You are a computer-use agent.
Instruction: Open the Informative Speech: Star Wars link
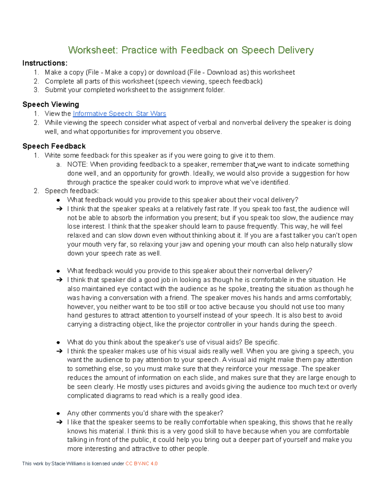click(x=119, y=114)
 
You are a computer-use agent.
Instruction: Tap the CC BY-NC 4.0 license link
click(x=141, y=463)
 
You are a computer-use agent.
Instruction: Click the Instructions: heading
click(x=45, y=63)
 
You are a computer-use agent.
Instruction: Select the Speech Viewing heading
click(x=51, y=104)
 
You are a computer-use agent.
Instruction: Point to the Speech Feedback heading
click(x=54, y=146)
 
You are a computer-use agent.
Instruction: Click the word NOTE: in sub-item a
click(x=77, y=164)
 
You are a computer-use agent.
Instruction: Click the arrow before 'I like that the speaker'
click(x=59, y=422)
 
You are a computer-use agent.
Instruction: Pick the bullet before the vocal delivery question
click(x=58, y=200)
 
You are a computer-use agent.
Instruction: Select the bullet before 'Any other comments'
click(x=58, y=414)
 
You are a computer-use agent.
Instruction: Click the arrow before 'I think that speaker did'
click(x=59, y=280)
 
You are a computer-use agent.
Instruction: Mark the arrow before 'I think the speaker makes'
click(x=59, y=351)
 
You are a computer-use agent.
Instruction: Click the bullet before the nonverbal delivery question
click(x=58, y=271)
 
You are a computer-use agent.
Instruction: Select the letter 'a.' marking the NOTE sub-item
click(x=59, y=164)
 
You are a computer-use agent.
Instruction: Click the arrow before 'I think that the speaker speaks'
click(x=59, y=209)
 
